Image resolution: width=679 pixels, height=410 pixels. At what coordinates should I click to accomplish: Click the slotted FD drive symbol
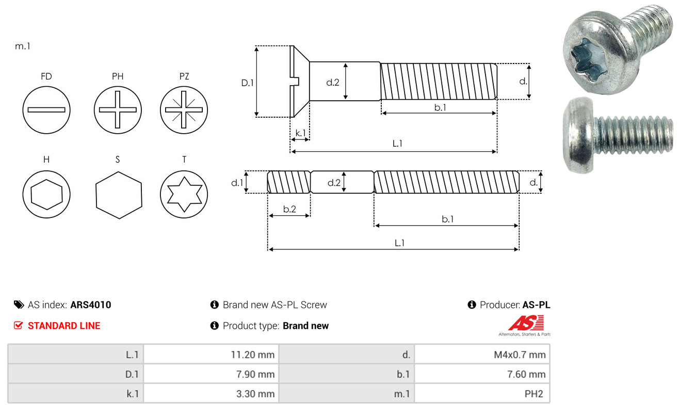tap(46, 110)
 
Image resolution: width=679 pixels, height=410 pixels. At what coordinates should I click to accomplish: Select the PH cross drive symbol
tap(118, 110)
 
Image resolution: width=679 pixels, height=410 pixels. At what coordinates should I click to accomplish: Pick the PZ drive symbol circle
tap(184, 110)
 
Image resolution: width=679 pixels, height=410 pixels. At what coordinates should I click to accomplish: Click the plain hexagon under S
tap(118, 194)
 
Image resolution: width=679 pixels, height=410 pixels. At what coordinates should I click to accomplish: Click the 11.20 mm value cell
tap(252, 354)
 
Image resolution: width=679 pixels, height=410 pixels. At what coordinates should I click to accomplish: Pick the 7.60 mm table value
tap(526, 374)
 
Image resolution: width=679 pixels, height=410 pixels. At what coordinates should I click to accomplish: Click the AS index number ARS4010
tap(91, 305)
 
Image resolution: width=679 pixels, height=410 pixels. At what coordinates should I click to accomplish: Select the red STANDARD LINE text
tap(64, 326)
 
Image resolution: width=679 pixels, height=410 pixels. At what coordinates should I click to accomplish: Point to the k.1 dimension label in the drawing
tap(300, 133)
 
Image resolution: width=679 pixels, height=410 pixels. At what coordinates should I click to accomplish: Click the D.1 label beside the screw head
tap(248, 82)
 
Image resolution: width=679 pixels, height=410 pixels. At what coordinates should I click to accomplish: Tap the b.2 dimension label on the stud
tap(289, 209)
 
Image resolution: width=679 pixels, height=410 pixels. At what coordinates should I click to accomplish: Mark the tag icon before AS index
tap(19, 305)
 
